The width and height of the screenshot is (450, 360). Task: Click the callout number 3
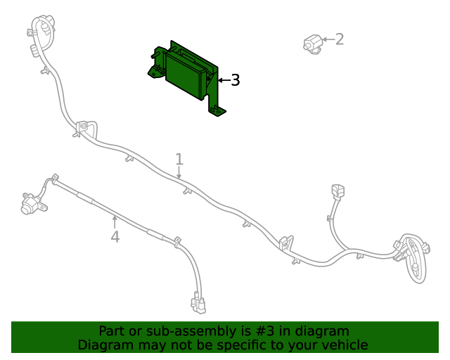pyautogui.click(x=236, y=81)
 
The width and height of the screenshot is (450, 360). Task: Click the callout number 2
pyautogui.click(x=340, y=39)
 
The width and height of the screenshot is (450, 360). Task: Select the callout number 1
pyautogui.click(x=179, y=160)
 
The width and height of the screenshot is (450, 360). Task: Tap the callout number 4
pyautogui.click(x=115, y=237)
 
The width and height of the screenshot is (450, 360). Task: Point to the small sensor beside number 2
pyautogui.click(x=311, y=43)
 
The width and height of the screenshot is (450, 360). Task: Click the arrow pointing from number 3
pyautogui.click(x=223, y=81)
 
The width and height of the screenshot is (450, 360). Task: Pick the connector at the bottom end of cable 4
pyautogui.click(x=198, y=304)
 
